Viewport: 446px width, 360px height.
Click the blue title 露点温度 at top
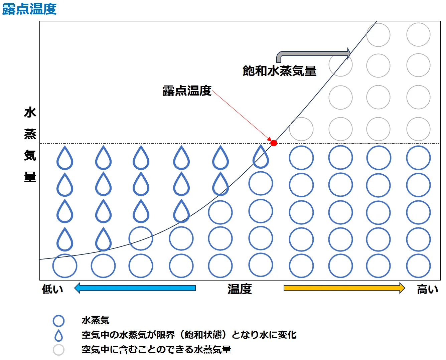[29, 8]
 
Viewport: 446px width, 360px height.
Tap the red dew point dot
[274, 143]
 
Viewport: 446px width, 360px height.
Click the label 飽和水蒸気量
[279, 71]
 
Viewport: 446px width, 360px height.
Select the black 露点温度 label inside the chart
[187, 91]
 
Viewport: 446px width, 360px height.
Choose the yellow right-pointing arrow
[344, 288]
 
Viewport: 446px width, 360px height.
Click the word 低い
[52, 289]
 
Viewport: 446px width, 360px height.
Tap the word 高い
[427, 289]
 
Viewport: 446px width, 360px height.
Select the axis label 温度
[240, 289]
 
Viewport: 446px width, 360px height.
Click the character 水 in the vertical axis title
[30, 113]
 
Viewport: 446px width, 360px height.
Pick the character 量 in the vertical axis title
[30, 176]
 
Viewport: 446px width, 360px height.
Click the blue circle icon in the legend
[58, 321]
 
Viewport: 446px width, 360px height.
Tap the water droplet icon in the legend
[58, 335]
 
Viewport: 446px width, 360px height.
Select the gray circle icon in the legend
[58, 350]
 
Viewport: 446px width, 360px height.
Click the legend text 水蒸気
[96, 320]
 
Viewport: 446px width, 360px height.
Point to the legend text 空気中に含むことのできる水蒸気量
[156, 350]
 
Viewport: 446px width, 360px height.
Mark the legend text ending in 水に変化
[189, 335]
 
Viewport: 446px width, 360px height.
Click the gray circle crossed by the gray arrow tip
[340, 65]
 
